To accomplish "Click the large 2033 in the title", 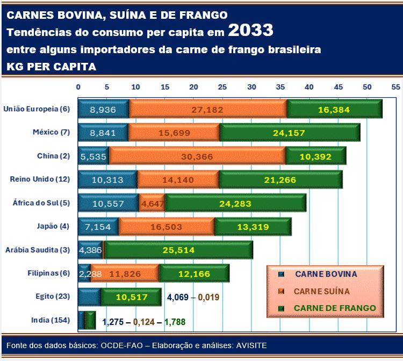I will [x=250, y=31].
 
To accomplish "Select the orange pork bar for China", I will [x=197, y=156].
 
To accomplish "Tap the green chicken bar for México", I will [x=290, y=133].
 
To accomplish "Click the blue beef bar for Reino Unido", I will [x=107, y=180].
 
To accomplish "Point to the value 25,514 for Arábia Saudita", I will [x=178, y=250].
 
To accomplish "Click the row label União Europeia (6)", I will [x=37, y=109].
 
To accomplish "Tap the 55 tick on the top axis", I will [x=395, y=86].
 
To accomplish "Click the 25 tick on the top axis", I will [x=222, y=86].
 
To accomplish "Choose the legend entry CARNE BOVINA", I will [x=326, y=274].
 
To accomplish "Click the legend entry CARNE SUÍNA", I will [x=321, y=291].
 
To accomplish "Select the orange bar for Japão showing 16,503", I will [x=167, y=227].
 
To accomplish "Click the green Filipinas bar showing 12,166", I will [x=194, y=273].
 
